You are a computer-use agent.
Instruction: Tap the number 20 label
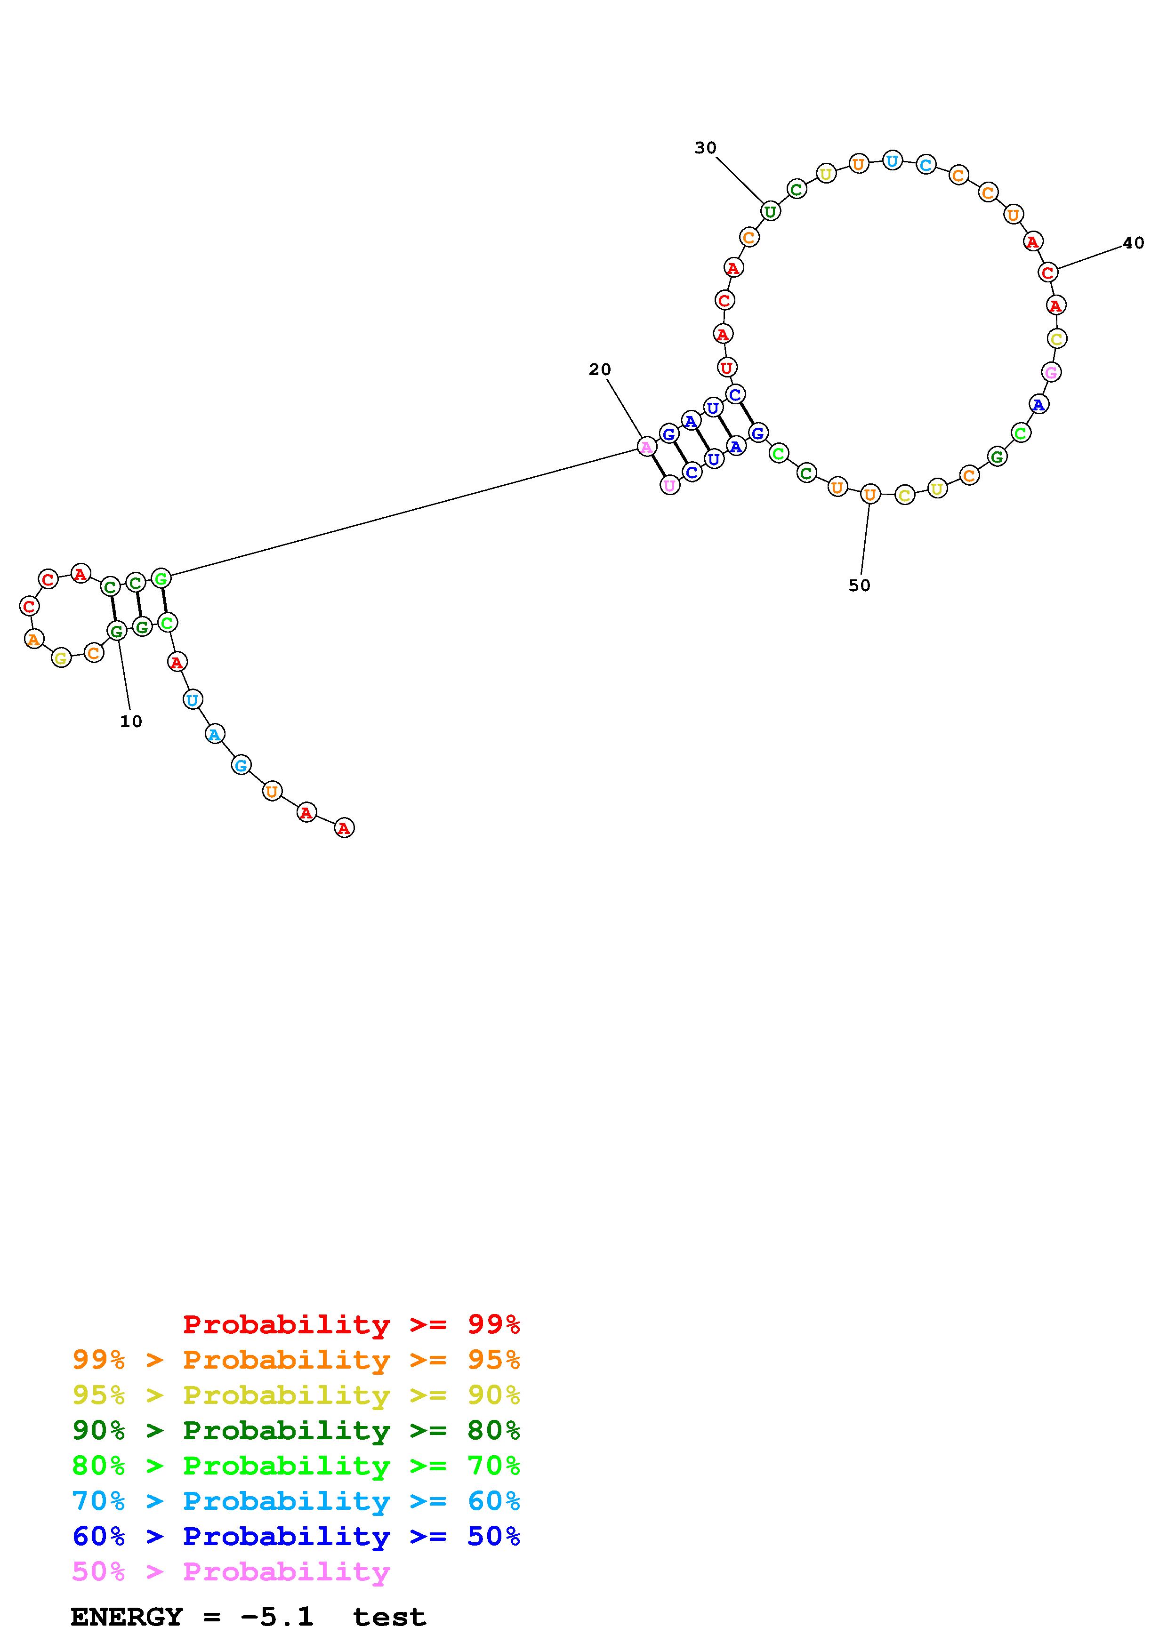(600, 369)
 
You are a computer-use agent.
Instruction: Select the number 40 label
(1133, 243)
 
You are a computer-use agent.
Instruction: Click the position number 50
(859, 585)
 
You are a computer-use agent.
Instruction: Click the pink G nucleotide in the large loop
(1051, 372)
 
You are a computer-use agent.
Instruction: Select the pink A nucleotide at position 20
(646, 447)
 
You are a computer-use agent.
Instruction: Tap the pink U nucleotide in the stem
(669, 485)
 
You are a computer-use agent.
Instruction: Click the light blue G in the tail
(241, 765)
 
